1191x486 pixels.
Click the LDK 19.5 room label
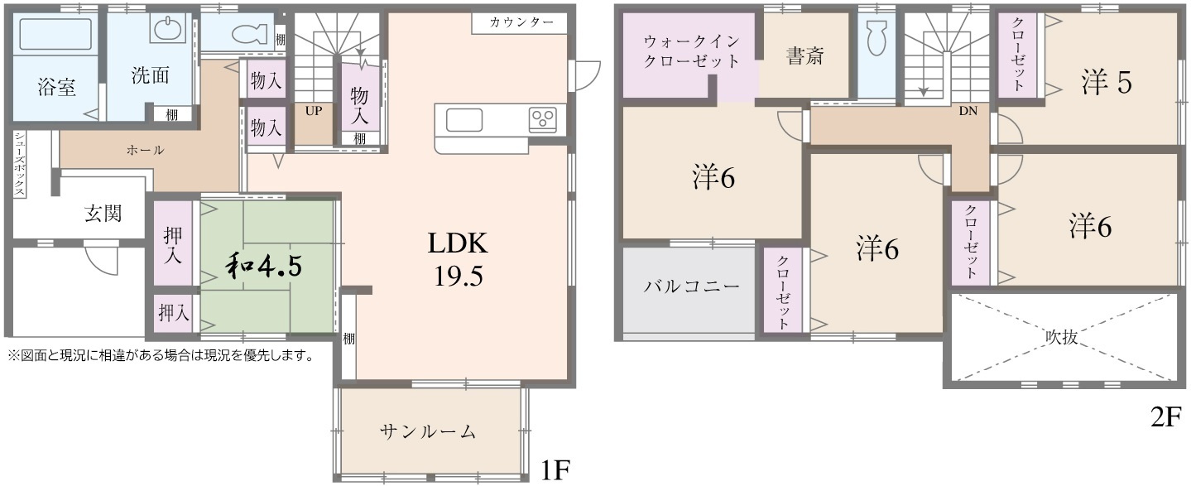pyautogui.click(x=457, y=258)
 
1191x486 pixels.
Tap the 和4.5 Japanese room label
pyautogui.click(x=264, y=265)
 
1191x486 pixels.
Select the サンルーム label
pyautogui.click(x=428, y=431)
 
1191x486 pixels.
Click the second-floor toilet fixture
pyautogui.click(x=876, y=37)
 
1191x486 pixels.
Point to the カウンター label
pyautogui.click(x=521, y=22)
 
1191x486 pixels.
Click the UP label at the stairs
pyautogui.click(x=313, y=109)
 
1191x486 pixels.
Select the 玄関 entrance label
pyautogui.click(x=103, y=213)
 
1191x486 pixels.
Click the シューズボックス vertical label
pyautogui.click(x=19, y=165)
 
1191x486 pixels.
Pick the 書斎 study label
pyautogui.click(x=804, y=57)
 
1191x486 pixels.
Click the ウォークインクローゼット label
pyautogui.click(x=690, y=51)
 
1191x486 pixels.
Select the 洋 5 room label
pyautogui.click(x=1106, y=82)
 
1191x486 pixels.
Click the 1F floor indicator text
pyautogui.click(x=555, y=470)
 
